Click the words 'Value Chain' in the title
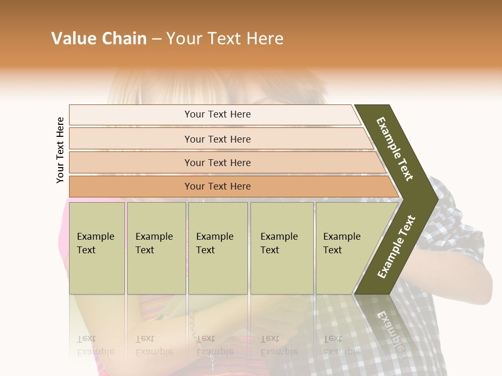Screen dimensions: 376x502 99,39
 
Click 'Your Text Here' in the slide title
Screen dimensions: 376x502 225,39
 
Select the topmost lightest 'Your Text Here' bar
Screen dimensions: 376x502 218,114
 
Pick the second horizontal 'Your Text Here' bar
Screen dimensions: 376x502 218,139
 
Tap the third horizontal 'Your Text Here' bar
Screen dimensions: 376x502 218,162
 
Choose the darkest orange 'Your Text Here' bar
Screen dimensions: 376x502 218,186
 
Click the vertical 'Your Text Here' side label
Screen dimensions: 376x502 60,150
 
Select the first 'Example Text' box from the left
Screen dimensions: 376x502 97,248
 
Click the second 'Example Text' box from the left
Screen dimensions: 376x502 156,248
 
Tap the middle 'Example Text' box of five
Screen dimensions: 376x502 218,248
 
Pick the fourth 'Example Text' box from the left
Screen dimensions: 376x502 281,248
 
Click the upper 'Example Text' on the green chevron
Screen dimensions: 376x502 395,149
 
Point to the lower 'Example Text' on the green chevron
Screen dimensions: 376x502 396,246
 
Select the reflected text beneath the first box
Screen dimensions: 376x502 96,346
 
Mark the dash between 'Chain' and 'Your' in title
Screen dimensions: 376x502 156,39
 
